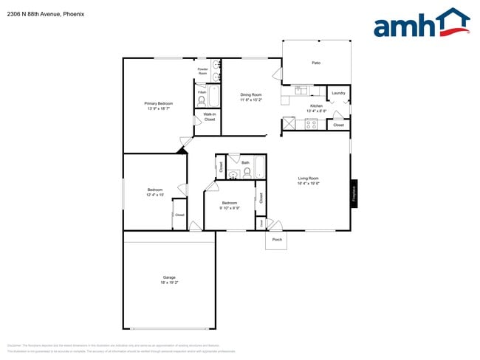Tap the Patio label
(316, 63)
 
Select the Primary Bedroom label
(158, 103)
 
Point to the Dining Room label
(251, 94)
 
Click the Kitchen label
(316, 106)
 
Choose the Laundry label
(338, 93)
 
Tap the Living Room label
(308, 179)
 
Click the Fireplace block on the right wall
(354, 193)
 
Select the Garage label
(169, 277)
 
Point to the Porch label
(277, 240)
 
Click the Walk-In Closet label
(210, 117)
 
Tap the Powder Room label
(202, 71)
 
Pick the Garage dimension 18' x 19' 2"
(169, 283)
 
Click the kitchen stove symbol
(312, 124)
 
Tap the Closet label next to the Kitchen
(338, 125)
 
